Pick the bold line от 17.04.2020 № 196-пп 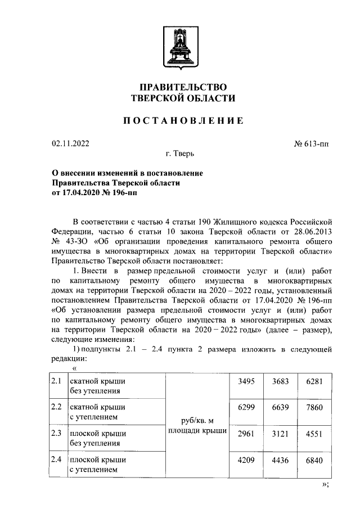pyautogui.click(x=94, y=192)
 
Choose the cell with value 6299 pyautogui.click(x=246, y=407)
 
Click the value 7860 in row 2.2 pyautogui.click(x=313, y=407)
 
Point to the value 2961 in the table pyautogui.click(x=246, y=434)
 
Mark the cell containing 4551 pyautogui.click(x=313, y=434)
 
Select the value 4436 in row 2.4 pyautogui.click(x=280, y=460)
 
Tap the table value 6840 pyautogui.click(x=313, y=460)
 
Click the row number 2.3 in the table pyautogui.click(x=56, y=434)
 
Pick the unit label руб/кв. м pyautogui.click(x=197, y=421)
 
